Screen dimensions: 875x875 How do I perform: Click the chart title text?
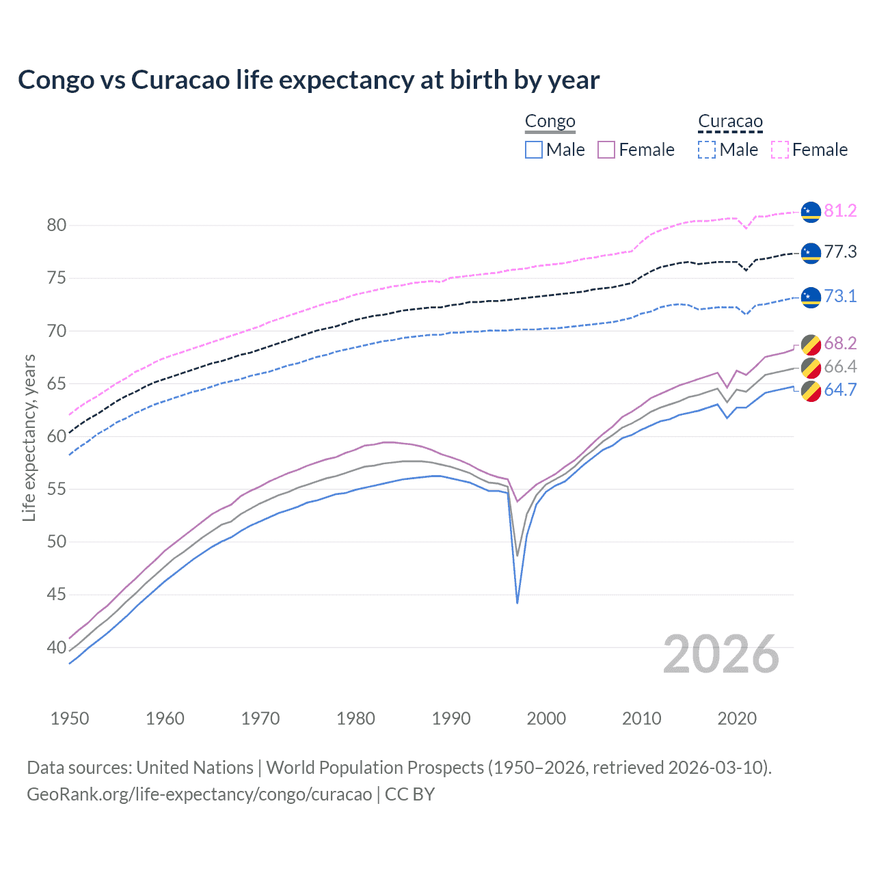click(308, 80)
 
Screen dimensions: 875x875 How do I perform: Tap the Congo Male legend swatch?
click(534, 150)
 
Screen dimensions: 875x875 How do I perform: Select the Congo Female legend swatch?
click(606, 150)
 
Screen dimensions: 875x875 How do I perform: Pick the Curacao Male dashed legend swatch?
click(707, 150)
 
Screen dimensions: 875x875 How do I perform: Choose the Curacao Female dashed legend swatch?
click(780, 150)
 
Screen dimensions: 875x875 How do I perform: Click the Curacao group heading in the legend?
click(730, 122)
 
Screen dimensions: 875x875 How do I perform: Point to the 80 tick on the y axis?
click(57, 226)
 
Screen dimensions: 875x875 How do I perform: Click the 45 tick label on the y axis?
click(57, 595)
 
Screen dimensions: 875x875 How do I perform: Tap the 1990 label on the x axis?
click(451, 718)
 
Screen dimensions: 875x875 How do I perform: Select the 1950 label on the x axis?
click(70, 718)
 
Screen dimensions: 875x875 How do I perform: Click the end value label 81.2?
click(840, 211)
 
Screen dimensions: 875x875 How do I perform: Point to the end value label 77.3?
click(840, 252)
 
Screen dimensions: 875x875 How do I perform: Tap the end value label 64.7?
click(840, 390)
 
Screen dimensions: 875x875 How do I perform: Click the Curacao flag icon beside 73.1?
click(811, 297)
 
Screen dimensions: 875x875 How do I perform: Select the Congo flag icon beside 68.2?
click(811, 344)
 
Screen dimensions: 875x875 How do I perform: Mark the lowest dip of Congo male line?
click(517, 602)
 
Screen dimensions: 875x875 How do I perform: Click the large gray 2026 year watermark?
click(721, 654)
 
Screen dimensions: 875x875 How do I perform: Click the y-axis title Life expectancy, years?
click(29, 437)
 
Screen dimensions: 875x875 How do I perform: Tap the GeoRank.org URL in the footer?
click(199, 794)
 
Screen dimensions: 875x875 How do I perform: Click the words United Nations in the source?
click(195, 768)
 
